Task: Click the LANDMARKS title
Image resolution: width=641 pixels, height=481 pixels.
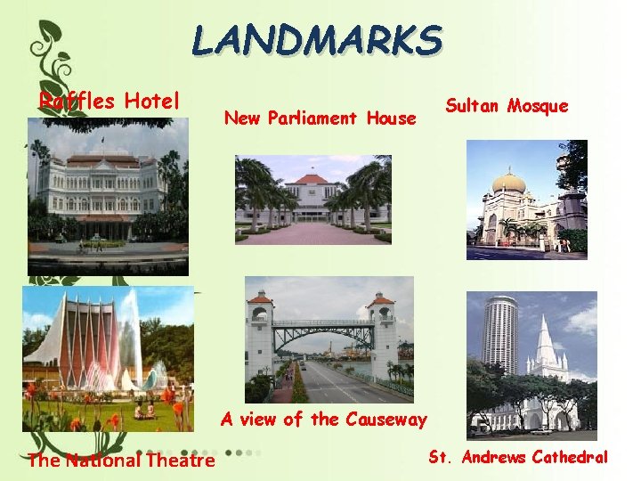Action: point(317,40)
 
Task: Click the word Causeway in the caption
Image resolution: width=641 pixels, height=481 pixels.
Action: point(385,419)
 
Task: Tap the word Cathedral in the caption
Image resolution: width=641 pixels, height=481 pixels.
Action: point(570,458)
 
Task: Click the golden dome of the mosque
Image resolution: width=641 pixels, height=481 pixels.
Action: point(508,183)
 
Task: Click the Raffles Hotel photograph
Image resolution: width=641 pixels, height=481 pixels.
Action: point(108,196)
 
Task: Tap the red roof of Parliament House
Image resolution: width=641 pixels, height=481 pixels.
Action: point(311,179)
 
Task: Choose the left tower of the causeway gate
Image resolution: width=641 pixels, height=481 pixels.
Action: point(260,334)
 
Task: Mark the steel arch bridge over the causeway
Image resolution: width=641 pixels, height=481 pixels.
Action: point(320,331)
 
